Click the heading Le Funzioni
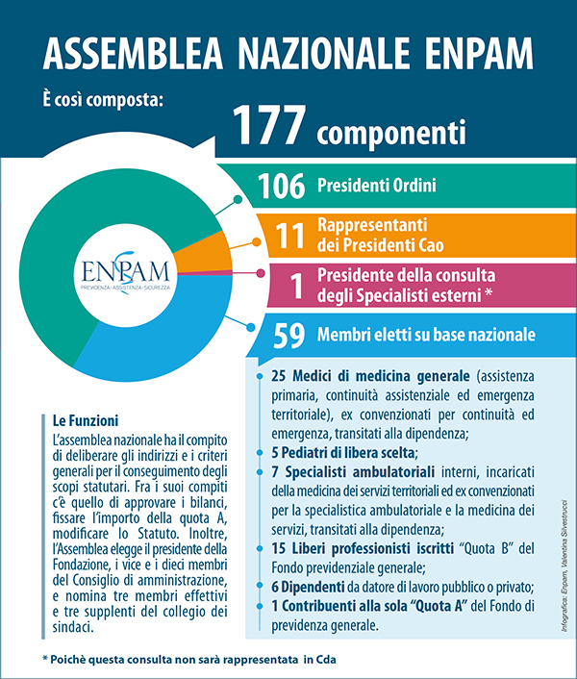[86, 420]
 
